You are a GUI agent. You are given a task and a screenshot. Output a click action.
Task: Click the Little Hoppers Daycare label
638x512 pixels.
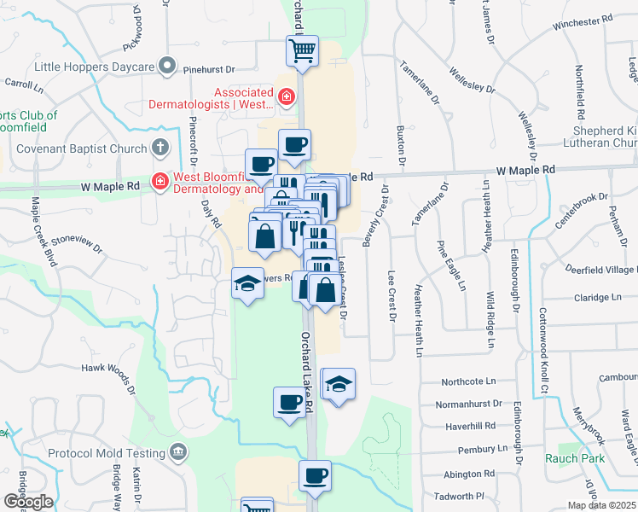(94, 66)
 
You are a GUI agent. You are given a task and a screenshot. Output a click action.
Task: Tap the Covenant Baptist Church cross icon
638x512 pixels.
(159, 148)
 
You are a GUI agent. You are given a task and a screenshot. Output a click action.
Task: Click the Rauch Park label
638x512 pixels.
(575, 458)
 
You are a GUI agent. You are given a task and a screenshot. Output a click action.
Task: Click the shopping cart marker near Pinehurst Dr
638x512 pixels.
(302, 51)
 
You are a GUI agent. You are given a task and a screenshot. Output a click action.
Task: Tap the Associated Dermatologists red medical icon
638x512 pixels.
(287, 96)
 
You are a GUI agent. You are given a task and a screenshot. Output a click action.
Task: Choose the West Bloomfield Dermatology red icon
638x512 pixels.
(159, 181)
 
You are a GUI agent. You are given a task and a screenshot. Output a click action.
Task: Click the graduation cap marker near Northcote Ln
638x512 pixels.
(339, 385)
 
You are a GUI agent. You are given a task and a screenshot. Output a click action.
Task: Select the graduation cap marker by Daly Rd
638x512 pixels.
(247, 283)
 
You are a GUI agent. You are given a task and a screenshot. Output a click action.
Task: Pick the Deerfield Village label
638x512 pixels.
(596, 270)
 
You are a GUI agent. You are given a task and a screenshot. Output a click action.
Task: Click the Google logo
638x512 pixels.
(27, 502)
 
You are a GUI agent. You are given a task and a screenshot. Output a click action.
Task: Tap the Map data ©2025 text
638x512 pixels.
(602, 505)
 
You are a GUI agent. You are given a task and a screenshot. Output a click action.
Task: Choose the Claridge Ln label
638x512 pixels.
(598, 297)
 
